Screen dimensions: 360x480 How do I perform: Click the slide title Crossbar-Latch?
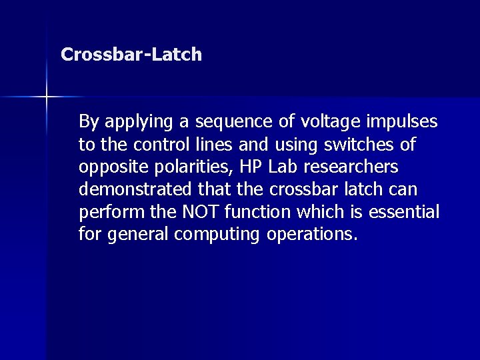tap(131, 55)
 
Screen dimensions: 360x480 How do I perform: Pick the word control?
tap(155, 144)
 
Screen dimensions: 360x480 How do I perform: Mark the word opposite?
tap(109, 167)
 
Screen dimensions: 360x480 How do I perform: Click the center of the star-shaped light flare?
tap(47, 97)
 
